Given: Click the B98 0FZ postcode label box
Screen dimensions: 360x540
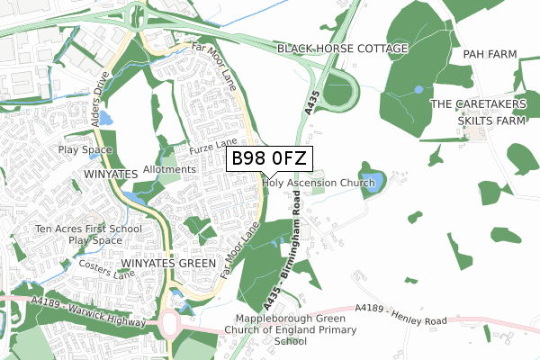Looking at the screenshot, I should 269,159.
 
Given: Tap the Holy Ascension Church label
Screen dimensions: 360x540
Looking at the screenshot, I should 318,183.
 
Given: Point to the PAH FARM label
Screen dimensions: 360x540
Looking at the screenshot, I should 490,55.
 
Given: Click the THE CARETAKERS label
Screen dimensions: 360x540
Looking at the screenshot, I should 474,104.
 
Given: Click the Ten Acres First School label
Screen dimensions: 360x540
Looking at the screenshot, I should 90,229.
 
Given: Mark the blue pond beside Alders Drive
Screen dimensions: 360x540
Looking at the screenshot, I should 105,117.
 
